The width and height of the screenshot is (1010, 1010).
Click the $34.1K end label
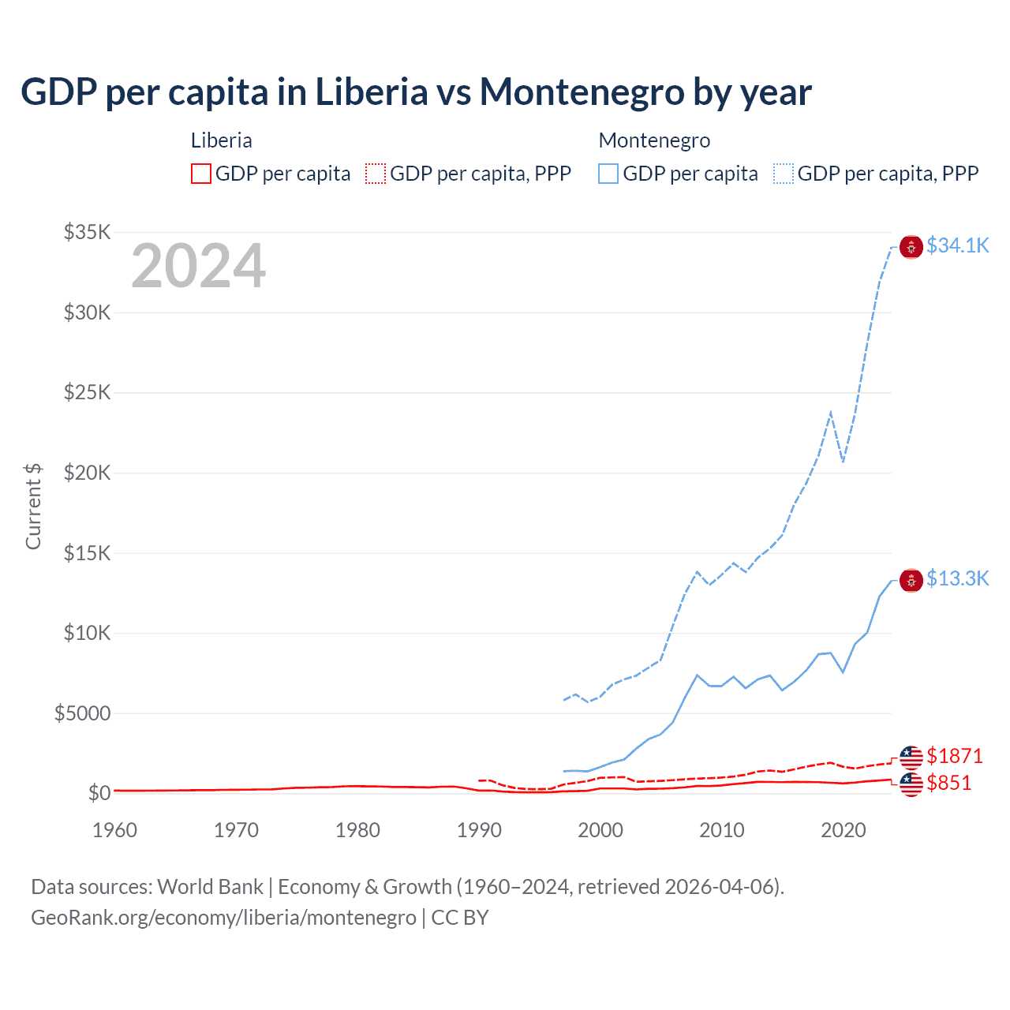pos(957,245)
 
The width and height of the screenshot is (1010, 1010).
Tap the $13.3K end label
pos(957,578)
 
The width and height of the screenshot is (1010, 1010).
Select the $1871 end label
pos(955,756)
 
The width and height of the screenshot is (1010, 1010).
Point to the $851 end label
pos(949,783)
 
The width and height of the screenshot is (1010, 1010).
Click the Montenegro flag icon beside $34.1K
pos(911,247)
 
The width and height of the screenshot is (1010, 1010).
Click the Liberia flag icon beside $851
pos(911,784)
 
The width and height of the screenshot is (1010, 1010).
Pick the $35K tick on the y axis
pos(88,232)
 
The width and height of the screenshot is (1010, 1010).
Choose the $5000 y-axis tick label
pos(82,713)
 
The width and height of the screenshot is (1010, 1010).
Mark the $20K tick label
pos(88,473)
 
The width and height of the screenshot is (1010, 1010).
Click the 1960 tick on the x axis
pos(114,830)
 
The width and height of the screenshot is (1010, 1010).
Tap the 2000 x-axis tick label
pos(600,830)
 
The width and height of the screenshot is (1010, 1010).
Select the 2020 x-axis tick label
pos(844,830)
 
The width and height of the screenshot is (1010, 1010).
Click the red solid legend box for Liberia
pos(201,174)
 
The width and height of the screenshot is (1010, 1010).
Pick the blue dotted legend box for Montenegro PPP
pos(784,174)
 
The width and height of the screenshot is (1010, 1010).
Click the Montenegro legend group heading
pos(654,140)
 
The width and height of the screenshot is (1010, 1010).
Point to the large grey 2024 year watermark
pos(198,267)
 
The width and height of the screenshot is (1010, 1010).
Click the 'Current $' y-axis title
pos(33,507)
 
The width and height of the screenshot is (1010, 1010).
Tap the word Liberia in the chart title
pos(372,92)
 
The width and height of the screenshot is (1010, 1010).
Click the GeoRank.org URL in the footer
pos(223,918)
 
